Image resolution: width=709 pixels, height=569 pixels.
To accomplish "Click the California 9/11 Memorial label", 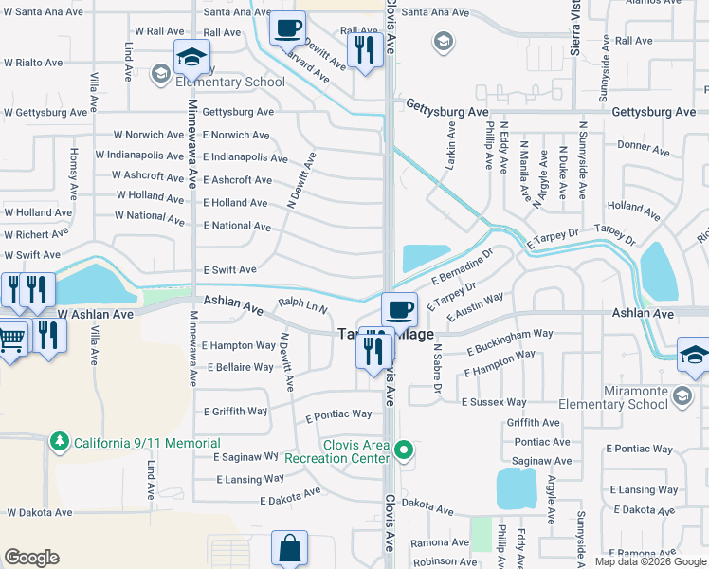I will click(x=147, y=443).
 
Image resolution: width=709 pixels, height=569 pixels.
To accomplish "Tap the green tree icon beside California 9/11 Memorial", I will click(x=60, y=442).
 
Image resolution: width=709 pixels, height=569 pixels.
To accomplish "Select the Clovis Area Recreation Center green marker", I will click(x=405, y=450).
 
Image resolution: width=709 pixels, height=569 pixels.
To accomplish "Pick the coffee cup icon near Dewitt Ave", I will click(x=287, y=28).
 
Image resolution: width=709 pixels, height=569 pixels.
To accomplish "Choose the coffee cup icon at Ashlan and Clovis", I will click(x=399, y=307).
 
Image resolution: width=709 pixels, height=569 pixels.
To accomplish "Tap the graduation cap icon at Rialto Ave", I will click(x=191, y=58).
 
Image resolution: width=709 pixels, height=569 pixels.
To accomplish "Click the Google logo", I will click(x=31, y=558).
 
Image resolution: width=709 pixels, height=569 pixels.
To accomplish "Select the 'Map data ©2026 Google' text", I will click(x=649, y=561).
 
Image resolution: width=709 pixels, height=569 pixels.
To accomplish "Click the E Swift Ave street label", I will click(x=230, y=270).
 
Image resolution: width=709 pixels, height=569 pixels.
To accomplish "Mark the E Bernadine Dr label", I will click(x=464, y=266).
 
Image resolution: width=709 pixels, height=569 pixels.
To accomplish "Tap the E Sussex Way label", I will click(x=493, y=403).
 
